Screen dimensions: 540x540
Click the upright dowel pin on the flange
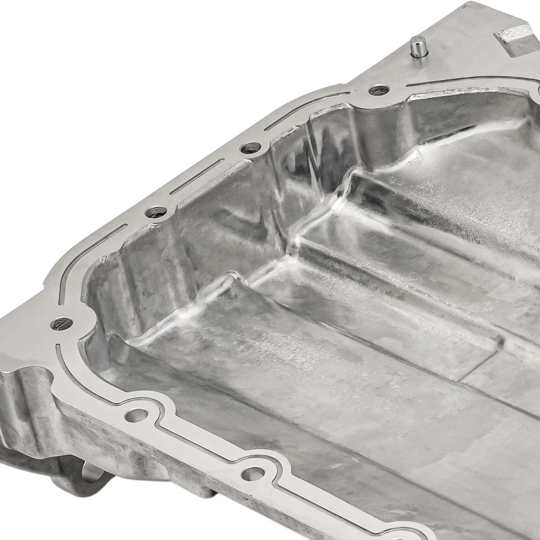coord(417,47)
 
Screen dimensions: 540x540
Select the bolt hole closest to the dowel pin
coord(379,89)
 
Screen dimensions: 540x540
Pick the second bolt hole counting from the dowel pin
coord(250,148)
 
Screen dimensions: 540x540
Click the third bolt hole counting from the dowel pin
coord(156,212)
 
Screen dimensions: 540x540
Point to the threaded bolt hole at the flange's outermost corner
coord(61,323)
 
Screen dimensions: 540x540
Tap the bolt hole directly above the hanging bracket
coord(136,415)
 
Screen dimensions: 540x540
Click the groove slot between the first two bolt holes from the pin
coord(307,111)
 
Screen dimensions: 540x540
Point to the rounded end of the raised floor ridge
coord(225,281)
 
